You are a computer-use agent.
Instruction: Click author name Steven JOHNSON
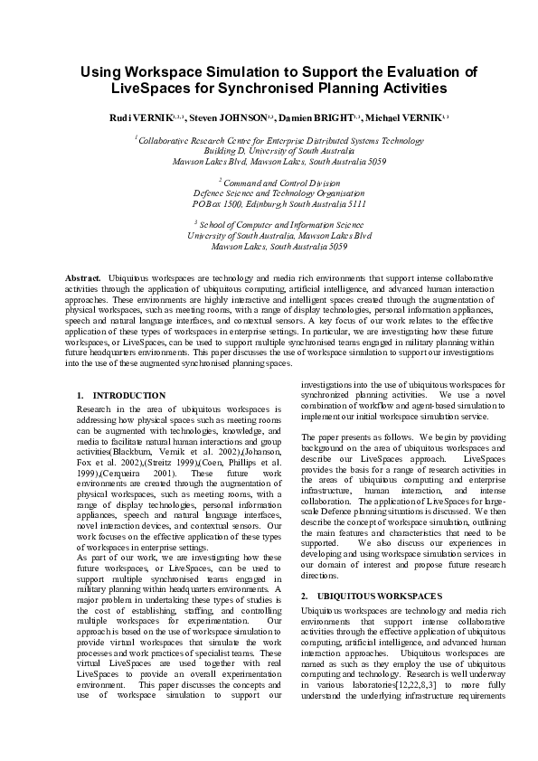point(230,118)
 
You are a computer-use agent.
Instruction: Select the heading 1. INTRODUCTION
point(121,396)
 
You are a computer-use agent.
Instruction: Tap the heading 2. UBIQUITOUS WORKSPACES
point(359,596)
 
